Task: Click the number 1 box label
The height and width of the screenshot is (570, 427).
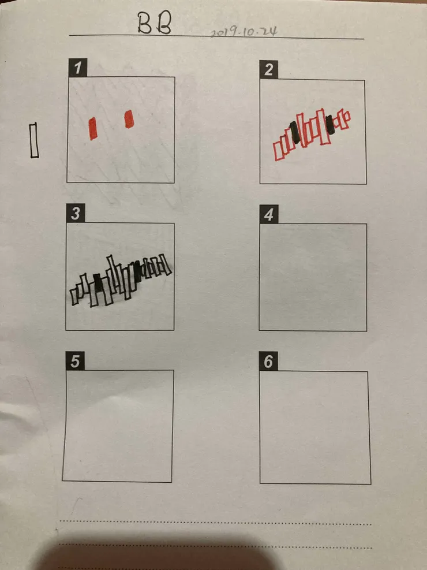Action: (x=78, y=68)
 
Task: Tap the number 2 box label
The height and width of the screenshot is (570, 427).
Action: (x=269, y=69)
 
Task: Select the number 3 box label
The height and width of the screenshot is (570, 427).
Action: (x=76, y=213)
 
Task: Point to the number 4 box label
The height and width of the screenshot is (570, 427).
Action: (x=269, y=214)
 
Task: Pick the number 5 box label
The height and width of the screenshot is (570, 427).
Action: (x=75, y=361)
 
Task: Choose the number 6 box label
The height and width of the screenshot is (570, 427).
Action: (x=268, y=362)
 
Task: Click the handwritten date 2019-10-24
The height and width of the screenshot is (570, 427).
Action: (x=244, y=32)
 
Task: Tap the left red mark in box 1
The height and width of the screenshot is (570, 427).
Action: (x=93, y=128)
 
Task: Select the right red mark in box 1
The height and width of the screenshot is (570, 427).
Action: (x=129, y=119)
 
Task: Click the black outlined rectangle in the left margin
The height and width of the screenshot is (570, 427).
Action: (x=34, y=140)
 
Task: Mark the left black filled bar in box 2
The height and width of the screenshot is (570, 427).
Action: (x=295, y=132)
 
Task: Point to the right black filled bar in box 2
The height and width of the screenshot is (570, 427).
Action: (x=329, y=125)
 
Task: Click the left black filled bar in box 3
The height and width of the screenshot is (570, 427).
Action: (x=98, y=283)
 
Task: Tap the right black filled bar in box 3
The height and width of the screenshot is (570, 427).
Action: (x=137, y=271)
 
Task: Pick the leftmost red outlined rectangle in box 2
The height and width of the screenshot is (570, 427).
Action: (x=278, y=151)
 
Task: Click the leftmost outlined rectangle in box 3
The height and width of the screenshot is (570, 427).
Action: (x=75, y=297)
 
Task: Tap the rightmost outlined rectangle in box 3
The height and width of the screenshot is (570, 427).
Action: (x=166, y=266)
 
